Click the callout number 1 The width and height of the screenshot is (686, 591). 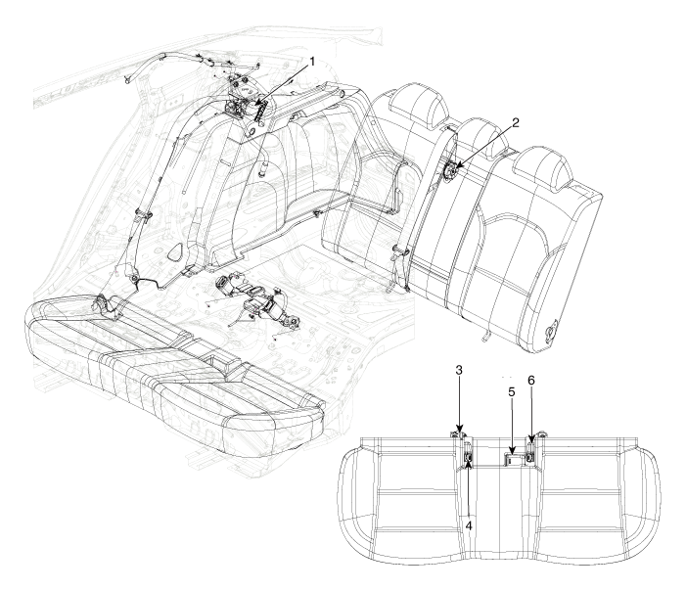pos(312,62)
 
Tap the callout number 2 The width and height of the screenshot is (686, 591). pos(516,123)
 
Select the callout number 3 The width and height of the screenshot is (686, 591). pos(459,370)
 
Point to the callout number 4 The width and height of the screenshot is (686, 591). pos(469,525)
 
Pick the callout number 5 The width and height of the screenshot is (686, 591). pos(512,391)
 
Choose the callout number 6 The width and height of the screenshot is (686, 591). pos(530,381)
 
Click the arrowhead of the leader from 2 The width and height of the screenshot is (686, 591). pos(454,166)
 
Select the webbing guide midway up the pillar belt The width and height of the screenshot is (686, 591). pos(143,213)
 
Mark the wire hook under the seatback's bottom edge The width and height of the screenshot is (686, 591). pos(485,336)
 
